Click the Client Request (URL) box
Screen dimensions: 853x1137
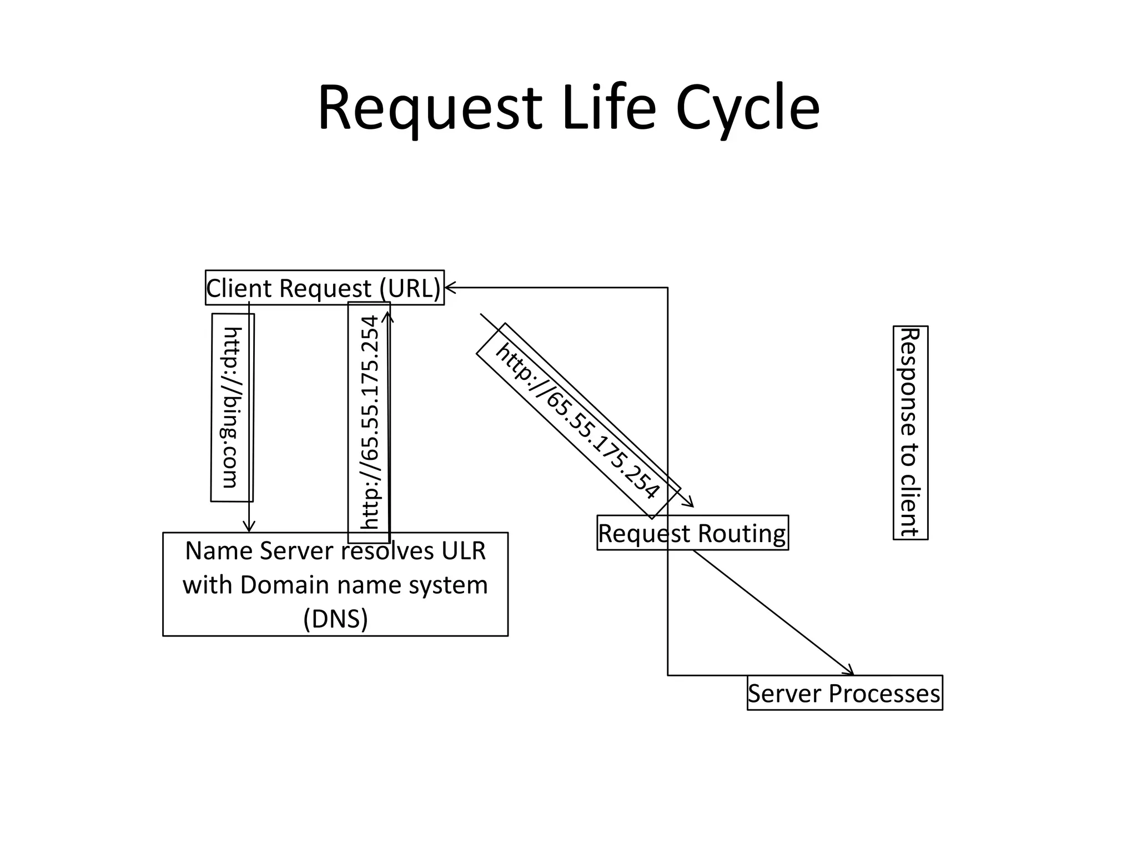[324, 288]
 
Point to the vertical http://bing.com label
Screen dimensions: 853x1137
[232, 408]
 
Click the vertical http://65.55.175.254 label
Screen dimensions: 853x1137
[369, 422]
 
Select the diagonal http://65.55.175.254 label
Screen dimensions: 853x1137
[577, 420]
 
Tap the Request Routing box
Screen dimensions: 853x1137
[692, 533]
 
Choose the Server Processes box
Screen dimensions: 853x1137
[844, 693]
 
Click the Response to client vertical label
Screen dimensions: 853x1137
[910, 432]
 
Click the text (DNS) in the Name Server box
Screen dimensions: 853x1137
[335, 618]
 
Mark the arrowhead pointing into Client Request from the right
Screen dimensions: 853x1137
[449, 287]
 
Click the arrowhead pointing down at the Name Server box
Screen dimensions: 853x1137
[249, 528]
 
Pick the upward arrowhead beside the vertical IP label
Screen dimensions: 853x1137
[388, 317]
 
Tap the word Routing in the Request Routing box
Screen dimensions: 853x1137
[742, 533]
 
